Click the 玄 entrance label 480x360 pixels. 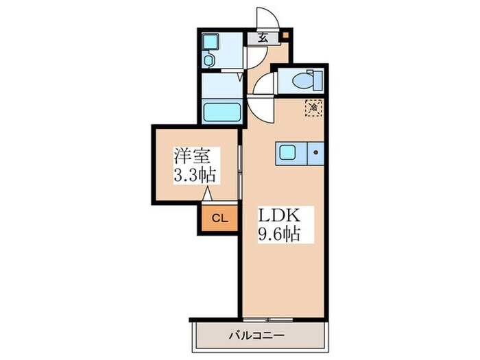pyautogui.click(x=263, y=38)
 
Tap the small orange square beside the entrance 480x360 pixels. pyautogui.click(x=285, y=34)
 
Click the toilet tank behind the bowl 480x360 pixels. pyautogui.click(x=317, y=80)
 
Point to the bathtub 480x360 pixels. pyautogui.click(x=222, y=112)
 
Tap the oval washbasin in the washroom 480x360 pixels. pyautogui.click(x=208, y=60)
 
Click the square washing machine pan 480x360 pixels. pyautogui.click(x=211, y=42)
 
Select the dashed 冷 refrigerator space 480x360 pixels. pyautogui.click(x=313, y=108)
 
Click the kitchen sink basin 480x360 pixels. pyautogui.click(x=287, y=153)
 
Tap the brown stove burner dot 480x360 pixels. pyautogui.click(x=315, y=152)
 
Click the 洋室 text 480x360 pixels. pyautogui.click(x=193, y=157)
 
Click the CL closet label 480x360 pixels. pyautogui.click(x=220, y=218)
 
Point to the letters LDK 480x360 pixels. pyautogui.click(x=279, y=215)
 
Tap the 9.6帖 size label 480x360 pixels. pyautogui.click(x=279, y=234)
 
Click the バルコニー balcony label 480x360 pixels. pyautogui.click(x=257, y=336)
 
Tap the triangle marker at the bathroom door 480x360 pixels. pyautogui.click(x=241, y=77)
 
